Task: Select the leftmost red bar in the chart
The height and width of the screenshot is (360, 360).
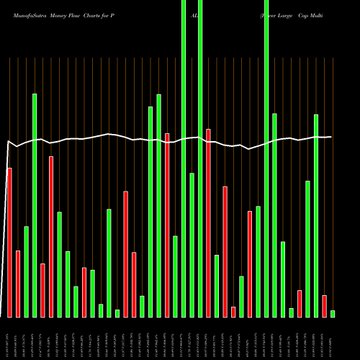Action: click(x=9, y=242)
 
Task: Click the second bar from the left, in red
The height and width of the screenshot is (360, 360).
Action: click(x=17, y=284)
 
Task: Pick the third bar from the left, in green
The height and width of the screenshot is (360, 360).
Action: click(x=26, y=271)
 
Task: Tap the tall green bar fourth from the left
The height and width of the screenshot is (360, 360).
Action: click(x=34, y=205)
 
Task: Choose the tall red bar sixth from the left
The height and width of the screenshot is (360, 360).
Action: click(x=50, y=236)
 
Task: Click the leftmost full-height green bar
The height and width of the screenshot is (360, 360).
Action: click(x=184, y=158)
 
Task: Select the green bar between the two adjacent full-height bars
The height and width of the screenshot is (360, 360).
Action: click(x=192, y=245)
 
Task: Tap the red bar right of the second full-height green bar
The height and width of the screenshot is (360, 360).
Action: click(x=208, y=222)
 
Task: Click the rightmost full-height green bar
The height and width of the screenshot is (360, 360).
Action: click(x=266, y=158)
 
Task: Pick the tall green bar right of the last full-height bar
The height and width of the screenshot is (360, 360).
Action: click(x=274, y=215)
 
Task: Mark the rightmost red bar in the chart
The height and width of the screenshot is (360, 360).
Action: click(x=324, y=306)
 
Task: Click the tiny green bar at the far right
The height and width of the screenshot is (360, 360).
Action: click(x=333, y=313)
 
